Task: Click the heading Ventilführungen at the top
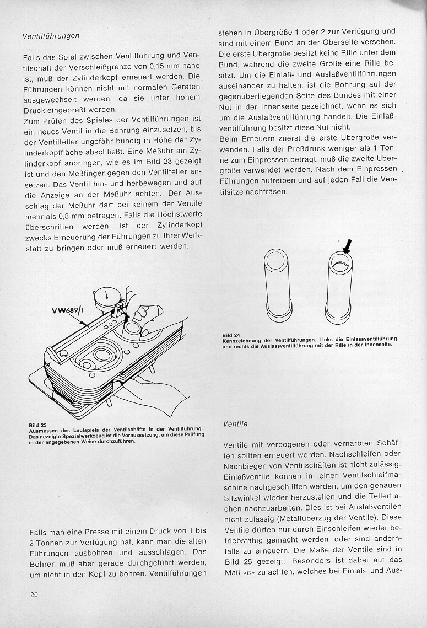point(51,36)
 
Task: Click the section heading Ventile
point(235,424)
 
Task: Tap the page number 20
point(34,594)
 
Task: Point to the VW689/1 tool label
point(68,310)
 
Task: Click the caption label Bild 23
point(38,425)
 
